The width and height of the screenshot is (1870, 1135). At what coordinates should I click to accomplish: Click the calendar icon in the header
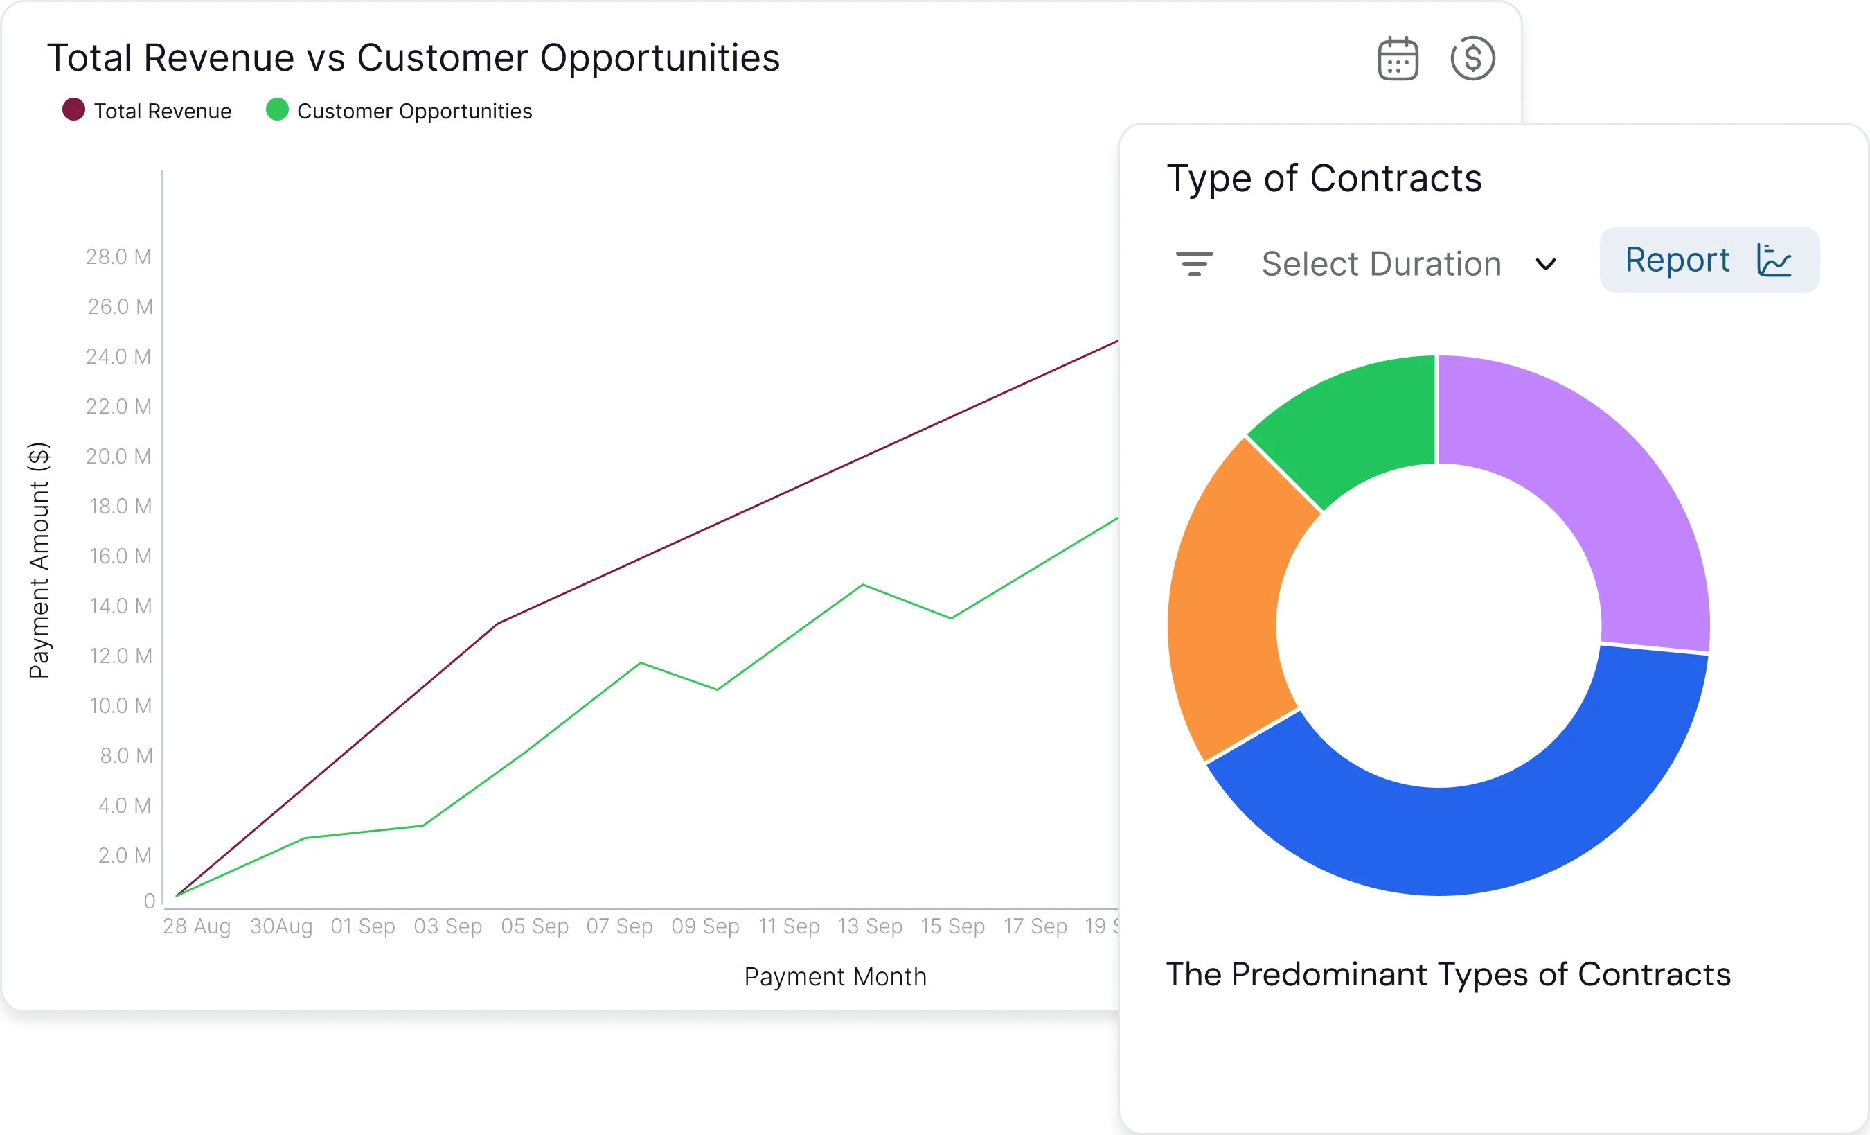[1397, 58]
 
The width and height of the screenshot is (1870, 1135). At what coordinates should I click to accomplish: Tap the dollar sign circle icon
[1472, 58]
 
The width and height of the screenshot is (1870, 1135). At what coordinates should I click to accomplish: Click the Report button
[1709, 260]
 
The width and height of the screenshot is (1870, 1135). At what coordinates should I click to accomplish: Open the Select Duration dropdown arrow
[1545, 264]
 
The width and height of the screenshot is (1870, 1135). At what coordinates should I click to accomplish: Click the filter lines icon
[1194, 263]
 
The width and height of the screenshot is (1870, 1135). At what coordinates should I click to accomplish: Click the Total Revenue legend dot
[73, 110]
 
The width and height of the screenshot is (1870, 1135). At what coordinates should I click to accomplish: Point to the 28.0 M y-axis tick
[118, 257]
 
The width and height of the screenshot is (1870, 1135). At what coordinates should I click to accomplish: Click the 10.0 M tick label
[120, 706]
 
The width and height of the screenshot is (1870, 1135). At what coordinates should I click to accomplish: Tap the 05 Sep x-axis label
[534, 926]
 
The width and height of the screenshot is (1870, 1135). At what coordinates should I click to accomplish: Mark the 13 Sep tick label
[870, 926]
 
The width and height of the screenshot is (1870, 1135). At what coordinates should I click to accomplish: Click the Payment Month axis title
[835, 976]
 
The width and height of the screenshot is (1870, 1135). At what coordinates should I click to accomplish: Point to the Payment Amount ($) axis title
[39, 561]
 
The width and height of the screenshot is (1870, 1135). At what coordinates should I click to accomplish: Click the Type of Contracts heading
[1324, 178]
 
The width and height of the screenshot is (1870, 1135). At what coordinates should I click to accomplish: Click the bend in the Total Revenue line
[497, 624]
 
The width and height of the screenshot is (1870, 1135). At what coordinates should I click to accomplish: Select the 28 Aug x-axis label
[197, 926]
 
